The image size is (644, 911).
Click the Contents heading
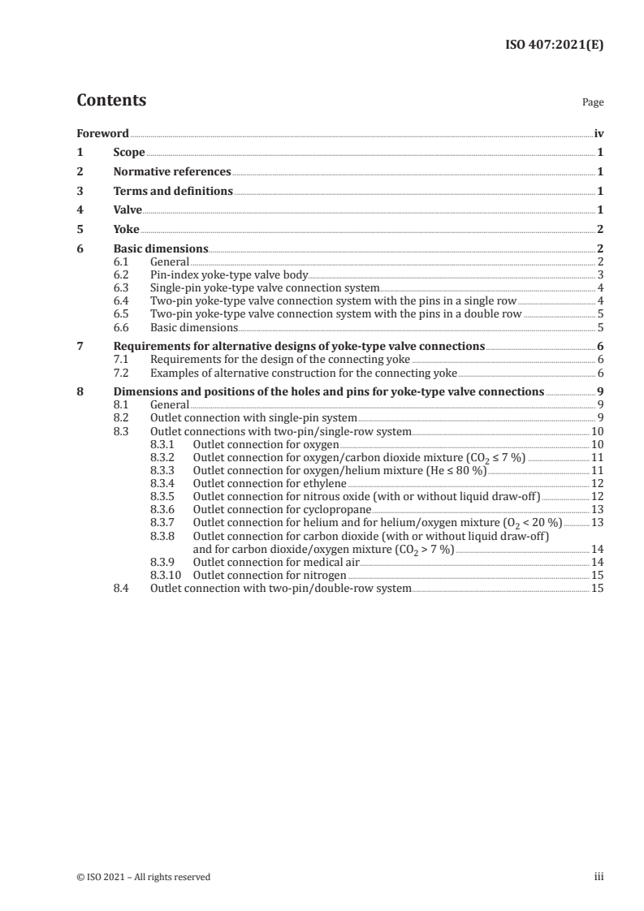(111, 101)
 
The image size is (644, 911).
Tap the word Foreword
(102, 132)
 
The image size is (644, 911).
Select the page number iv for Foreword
(599, 132)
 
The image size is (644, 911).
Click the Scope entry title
(129, 152)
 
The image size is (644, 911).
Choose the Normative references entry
(172, 172)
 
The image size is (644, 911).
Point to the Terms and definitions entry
(173, 192)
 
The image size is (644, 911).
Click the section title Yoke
(126, 229)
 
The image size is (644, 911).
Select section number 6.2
(121, 275)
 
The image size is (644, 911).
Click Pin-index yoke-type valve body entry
(229, 275)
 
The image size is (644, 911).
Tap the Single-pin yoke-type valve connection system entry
(265, 288)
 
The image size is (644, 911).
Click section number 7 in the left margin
(80, 346)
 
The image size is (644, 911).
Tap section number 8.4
(121, 589)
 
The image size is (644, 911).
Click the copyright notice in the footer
(143, 877)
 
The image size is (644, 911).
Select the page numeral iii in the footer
(599, 877)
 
